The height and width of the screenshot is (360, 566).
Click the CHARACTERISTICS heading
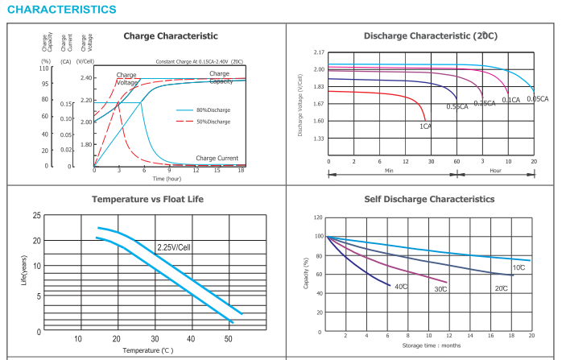point(61,10)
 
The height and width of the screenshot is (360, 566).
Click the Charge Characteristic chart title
point(170,36)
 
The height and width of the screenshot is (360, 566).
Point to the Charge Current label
point(217,158)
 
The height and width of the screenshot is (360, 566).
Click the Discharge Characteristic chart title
point(430,36)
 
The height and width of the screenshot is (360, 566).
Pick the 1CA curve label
point(425,126)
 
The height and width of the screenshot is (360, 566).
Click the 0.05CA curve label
point(538,99)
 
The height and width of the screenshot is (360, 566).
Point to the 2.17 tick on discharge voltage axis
point(319,52)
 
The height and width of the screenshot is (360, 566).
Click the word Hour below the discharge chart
point(495,171)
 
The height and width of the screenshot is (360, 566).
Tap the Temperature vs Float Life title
point(147,198)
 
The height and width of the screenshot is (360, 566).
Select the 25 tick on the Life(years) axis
point(37,216)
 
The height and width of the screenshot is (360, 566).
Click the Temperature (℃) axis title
point(147,350)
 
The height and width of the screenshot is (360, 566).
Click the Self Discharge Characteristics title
point(429,198)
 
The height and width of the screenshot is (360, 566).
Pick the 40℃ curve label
point(400,287)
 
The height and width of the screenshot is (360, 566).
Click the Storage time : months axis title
point(431,346)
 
